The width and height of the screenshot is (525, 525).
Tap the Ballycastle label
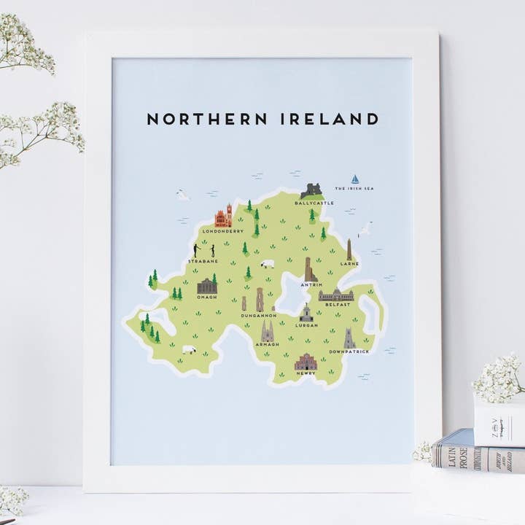pos(314,203)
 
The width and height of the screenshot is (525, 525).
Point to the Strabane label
pos(203,260)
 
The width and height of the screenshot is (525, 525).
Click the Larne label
pos(349,263)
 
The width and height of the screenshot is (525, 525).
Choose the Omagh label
pos(207,297)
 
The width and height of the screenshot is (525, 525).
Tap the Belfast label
pos(338,304)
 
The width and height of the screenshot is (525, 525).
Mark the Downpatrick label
pos(349,352)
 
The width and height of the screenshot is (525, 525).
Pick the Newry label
pos(306,373)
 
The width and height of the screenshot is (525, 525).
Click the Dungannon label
pos(259,316)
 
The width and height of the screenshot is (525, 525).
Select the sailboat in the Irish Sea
pos(355,179)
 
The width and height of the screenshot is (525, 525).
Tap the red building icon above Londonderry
pos(223,216)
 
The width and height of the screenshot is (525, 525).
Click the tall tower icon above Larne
pos(349,249)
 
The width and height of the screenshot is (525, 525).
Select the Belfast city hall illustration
pos(336,295)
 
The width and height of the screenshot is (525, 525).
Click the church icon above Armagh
pos(267,332)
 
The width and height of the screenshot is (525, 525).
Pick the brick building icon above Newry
pos(306,361)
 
